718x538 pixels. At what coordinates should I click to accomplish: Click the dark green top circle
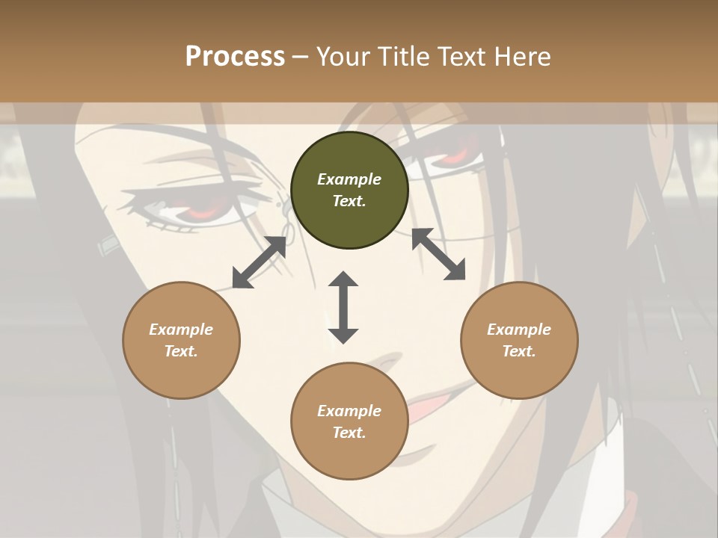(x=349, y=191)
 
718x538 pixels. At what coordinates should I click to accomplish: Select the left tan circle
(x=181, y=340)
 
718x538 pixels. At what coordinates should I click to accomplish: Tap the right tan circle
(x=519, y=340)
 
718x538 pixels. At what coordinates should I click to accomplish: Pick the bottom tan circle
(x=349, y=421)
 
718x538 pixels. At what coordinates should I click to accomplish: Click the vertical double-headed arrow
(x=343, y=307)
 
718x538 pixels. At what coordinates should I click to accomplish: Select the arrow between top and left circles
(x=260, y=262)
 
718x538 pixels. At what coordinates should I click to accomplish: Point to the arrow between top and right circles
(x=438, y=254)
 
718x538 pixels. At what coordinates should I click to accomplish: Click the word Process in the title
(x=235, y=56)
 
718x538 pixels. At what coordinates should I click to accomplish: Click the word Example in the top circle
(x=349, y=179)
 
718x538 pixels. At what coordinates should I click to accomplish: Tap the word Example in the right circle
(x=519, y=330)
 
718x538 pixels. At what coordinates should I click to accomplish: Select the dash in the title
(x=301, y=56)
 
